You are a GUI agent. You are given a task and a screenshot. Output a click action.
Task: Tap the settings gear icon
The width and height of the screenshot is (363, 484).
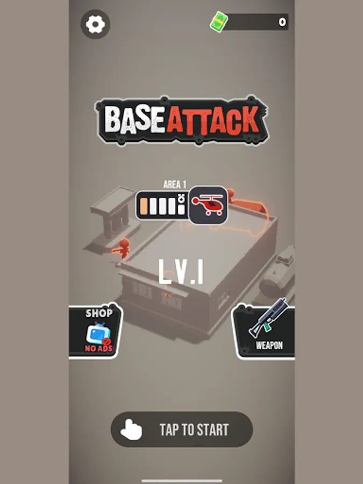(x=95, y=24)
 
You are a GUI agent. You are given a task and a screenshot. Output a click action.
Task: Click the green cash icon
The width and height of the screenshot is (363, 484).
(x=219, y=22)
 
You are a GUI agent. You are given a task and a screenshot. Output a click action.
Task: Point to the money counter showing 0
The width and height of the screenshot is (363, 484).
(x=282, y=22)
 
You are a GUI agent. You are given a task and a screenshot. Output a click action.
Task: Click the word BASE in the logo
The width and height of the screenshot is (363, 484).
(x=134, y=120)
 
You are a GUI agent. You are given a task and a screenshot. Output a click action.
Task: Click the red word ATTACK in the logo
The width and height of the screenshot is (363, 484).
(x=212, y=120)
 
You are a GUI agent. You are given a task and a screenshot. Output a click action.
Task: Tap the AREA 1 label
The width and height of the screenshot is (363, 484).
(x=175, y=184)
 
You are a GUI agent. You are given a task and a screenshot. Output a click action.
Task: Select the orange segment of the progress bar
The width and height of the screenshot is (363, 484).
(x=144, y=206)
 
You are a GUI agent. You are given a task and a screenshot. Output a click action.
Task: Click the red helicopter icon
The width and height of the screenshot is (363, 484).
(x=208, y=204)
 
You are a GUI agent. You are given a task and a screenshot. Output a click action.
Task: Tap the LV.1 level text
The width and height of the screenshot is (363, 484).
(x=181, y=272)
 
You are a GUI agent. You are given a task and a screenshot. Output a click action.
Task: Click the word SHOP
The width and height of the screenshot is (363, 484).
(x=99, y=314)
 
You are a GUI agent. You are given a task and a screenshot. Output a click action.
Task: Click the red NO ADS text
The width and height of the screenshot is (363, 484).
(x=99, y=348)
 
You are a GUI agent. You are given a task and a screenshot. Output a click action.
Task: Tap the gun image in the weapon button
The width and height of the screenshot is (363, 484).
(x=268, y=318)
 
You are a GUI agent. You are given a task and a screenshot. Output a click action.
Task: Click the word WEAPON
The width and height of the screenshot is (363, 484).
(x=269, y=345)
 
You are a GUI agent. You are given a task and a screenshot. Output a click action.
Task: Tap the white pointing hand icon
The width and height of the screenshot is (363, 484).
(x=131, y=429)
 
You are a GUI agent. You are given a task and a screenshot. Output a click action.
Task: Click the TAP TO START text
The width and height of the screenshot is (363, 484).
(x=194, y=430)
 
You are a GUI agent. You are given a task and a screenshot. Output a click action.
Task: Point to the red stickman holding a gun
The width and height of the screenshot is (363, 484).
(x=122, y=247)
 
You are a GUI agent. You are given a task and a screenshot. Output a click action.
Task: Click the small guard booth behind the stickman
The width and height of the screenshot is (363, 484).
(x=114, y=216)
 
